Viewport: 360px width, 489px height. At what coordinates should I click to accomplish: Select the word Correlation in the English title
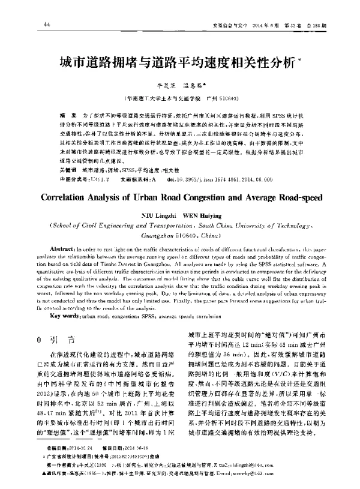71,196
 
